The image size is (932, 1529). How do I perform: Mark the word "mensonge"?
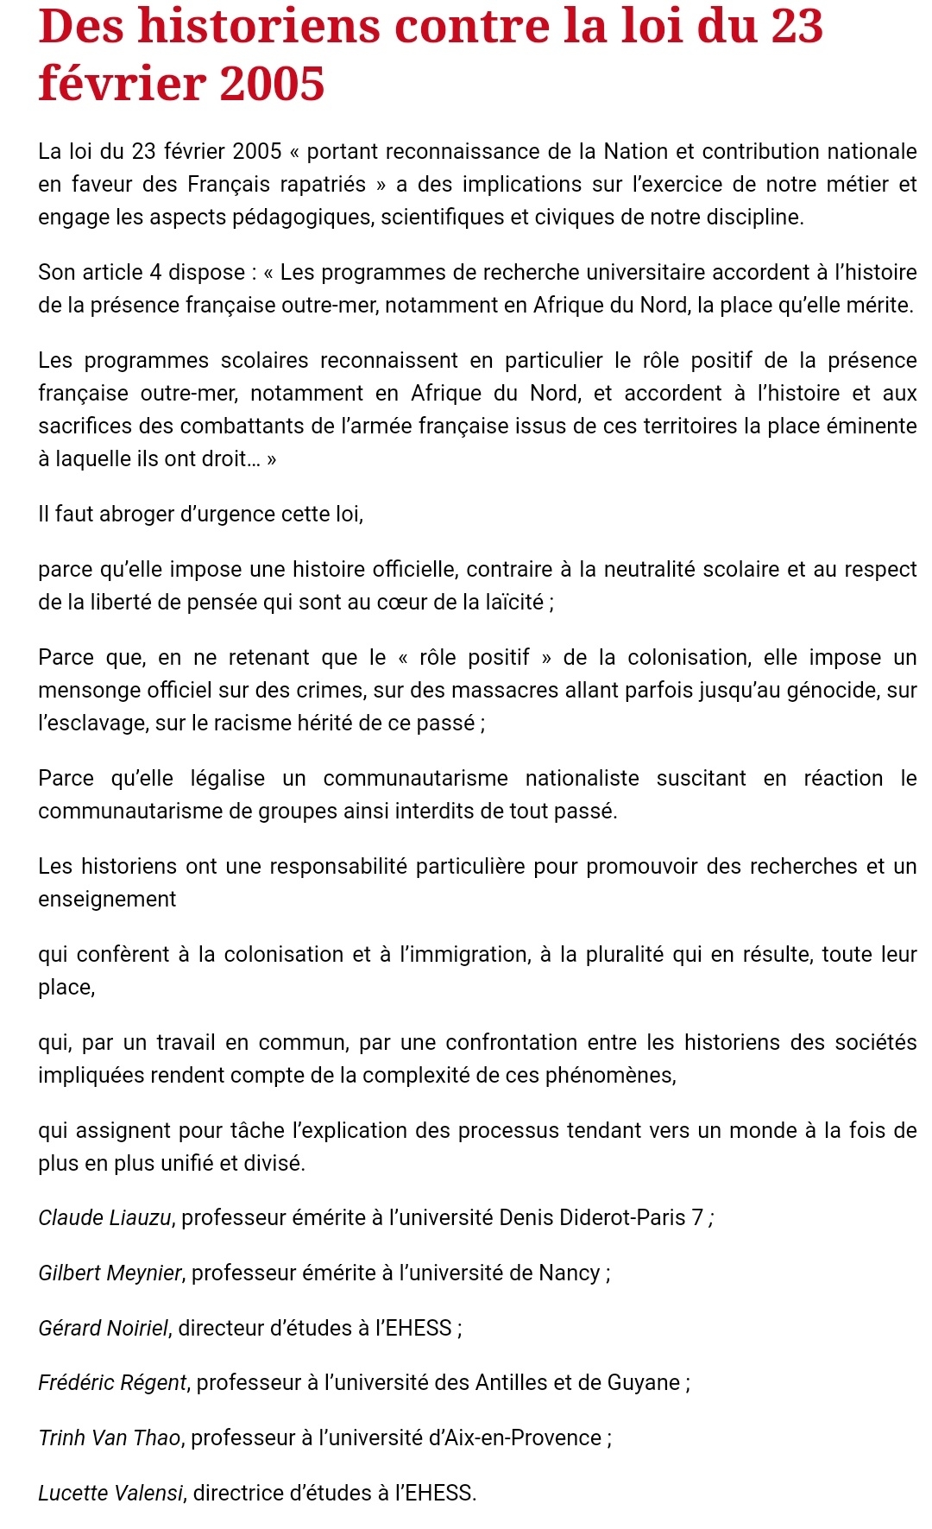[x=84, y=690]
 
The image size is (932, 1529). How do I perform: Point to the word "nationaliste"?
[x=582, y=778]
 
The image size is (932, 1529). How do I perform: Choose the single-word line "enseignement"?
[x=107, y=899]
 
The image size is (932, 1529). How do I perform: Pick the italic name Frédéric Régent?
[x=112, y=1382]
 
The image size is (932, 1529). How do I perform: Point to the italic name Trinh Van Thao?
[x=110, y=1437]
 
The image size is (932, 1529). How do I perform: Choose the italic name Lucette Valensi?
[x=110, y=1493]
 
